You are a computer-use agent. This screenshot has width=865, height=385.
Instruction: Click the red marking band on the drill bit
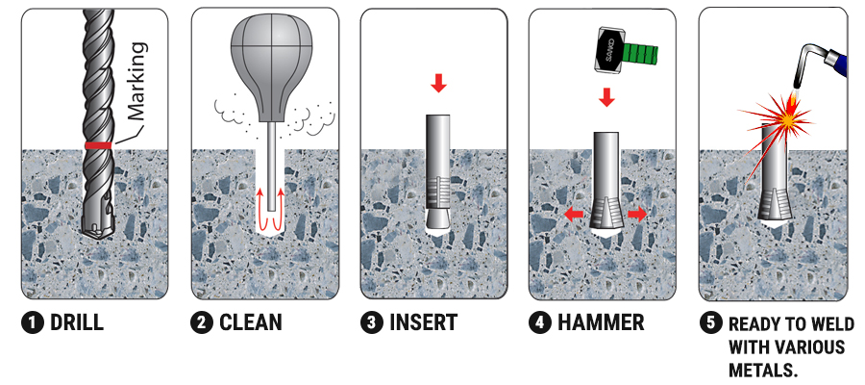[98, 145]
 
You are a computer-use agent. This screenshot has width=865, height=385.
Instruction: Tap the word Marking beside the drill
[136, 81]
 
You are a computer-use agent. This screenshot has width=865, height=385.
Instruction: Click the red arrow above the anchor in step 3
[438, 84]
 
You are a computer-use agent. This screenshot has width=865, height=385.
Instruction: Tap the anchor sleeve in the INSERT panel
[438, 172]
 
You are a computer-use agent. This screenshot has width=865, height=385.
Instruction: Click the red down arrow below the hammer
[606, 96]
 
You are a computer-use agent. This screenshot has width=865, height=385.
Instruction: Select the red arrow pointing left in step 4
[574, 215]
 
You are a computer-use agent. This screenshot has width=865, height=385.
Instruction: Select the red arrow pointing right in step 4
[638, 215]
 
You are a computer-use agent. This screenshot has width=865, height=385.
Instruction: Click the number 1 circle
[33, 323]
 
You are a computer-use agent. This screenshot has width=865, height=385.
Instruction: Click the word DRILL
[77, 323]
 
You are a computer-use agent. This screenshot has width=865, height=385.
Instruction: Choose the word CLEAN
[251, 322]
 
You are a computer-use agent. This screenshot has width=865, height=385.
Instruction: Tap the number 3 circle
[371, 323]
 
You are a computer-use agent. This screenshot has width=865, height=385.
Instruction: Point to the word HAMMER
[600, 322]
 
